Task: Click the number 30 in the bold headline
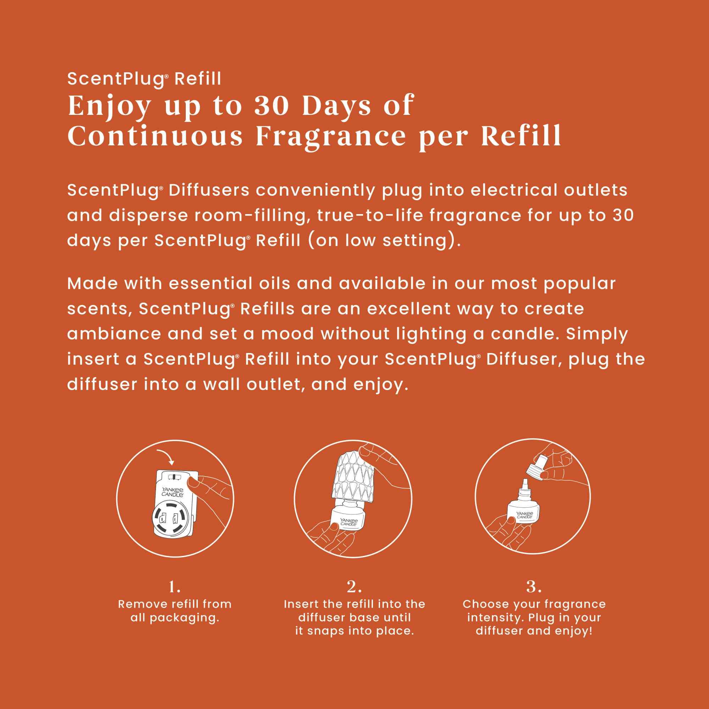tap(272, 106)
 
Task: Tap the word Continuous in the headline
tap(155, 136)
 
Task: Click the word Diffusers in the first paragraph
tap(209, 190)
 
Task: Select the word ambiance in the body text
tap(114, 334)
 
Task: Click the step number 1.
tap(174, 586)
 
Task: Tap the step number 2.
tap(354, 586)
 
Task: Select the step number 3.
tap(534, 586)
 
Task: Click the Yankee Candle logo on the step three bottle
tap(524, 515)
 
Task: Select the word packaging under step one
tap(184, 618)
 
